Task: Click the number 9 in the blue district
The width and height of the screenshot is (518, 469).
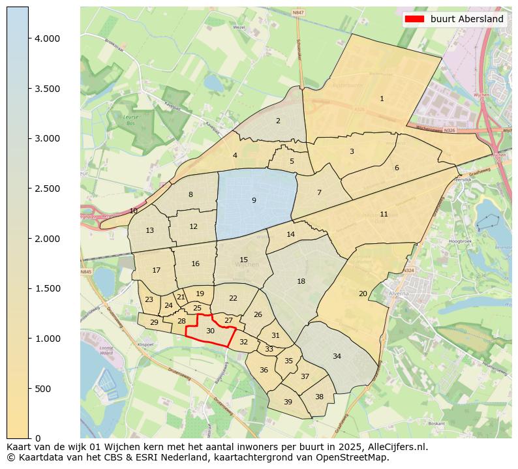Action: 254,200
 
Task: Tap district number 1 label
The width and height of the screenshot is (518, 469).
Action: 382,99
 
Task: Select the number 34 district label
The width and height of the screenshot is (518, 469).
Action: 337,356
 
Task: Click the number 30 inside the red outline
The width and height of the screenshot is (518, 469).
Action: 210,331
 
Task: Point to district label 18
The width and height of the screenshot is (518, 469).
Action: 301,281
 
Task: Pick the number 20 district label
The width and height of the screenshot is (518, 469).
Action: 363,294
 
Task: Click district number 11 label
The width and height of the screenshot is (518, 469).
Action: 384,214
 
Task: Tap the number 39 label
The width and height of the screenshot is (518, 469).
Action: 288,402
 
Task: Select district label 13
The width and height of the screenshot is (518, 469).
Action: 149,231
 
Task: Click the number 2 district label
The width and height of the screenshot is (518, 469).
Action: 278,121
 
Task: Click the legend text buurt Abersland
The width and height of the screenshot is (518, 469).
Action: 466,19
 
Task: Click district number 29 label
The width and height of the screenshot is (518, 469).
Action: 154,322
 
